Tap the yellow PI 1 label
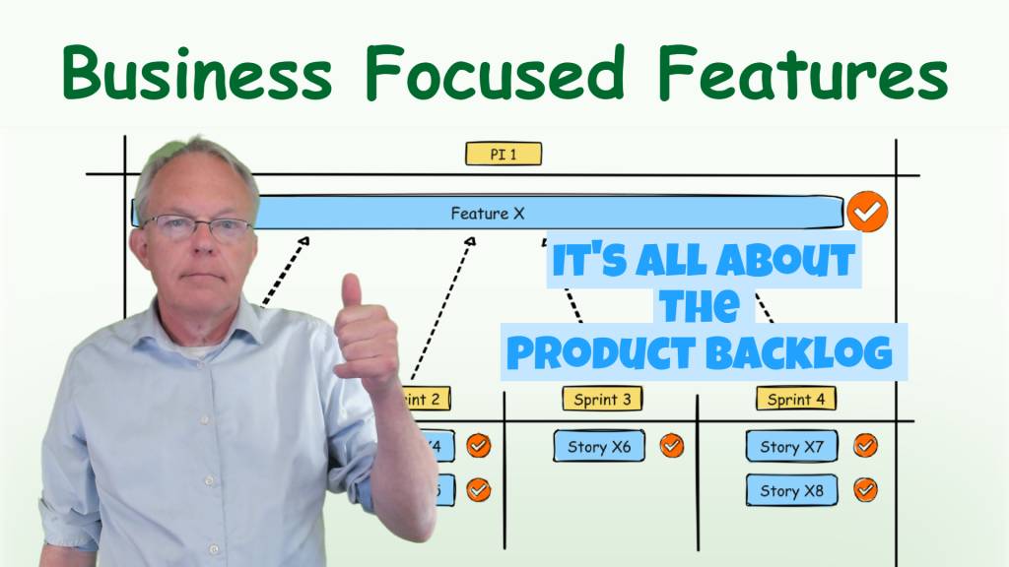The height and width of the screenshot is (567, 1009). (504, 155)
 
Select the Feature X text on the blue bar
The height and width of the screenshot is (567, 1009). (488, 213)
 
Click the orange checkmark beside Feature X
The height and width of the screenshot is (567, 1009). (867, 212)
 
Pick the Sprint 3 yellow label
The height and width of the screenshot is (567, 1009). (602, 399)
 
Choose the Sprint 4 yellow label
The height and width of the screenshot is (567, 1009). (796, 399)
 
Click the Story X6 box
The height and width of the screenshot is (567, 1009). (599, 447)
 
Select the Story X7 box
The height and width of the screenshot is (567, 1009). (791, 447)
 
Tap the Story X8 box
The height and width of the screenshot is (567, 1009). (791, 490)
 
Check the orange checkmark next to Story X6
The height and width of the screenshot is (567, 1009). (671, 446)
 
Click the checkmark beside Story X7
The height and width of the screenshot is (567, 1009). (865, 446)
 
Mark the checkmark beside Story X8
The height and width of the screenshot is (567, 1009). (865, 489)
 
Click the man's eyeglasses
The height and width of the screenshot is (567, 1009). (197, 228)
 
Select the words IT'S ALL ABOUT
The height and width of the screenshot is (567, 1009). (702, 261)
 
